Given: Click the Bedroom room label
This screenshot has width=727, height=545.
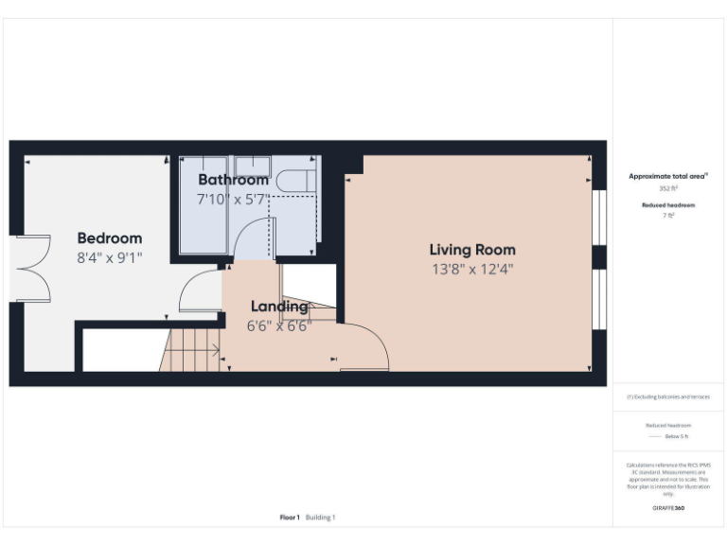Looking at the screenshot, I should (x=109, y=238).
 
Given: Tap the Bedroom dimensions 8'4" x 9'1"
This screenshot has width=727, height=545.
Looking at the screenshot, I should (x=109, y=256).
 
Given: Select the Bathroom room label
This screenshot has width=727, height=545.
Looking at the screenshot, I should (x=233, y=180).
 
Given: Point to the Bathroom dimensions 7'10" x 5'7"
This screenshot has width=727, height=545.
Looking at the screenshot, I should (x=233, y=200).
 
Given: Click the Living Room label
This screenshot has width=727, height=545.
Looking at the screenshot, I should (x=472, y=250).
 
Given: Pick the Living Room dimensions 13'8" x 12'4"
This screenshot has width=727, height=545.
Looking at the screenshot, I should (x=472, y=269).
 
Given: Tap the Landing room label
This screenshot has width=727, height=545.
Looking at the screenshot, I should (x=278, y=307).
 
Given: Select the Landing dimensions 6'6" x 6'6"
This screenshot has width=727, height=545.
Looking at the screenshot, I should (x=278, y=325).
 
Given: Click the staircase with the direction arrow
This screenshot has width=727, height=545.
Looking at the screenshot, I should (x=193, y=349).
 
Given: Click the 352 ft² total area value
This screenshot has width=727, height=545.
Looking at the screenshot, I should (x=667, y=188).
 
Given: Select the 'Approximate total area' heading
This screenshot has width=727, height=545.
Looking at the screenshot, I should (x=667, y=176).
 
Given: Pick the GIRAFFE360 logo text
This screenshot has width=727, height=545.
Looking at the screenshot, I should (x=667, y=508).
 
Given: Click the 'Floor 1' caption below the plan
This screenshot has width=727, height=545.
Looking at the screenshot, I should (x=290, y=518).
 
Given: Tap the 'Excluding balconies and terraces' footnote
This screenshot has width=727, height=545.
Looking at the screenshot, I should (x=667, y=396).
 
